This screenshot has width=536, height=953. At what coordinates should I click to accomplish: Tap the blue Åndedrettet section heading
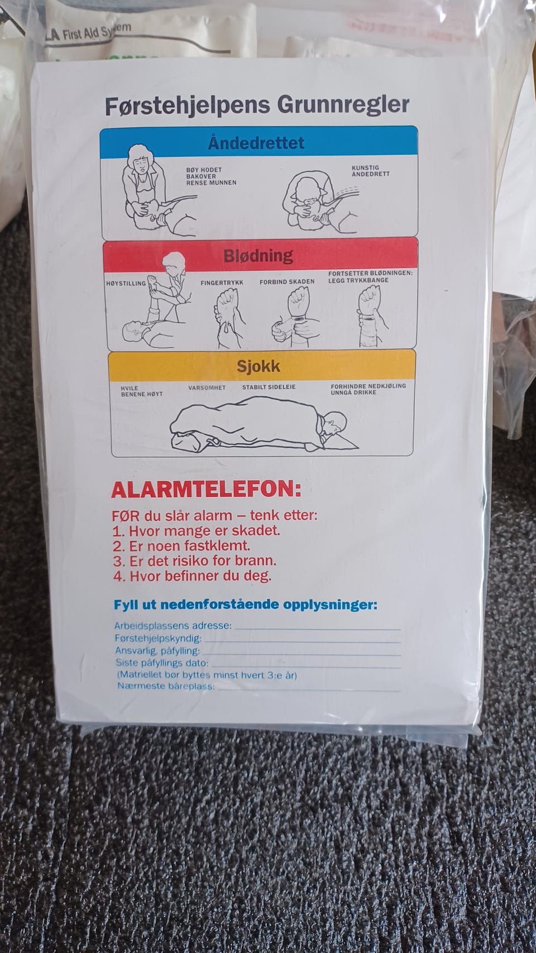256,142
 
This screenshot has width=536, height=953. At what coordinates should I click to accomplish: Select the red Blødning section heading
258,256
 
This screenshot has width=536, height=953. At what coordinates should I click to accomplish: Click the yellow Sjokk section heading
258,366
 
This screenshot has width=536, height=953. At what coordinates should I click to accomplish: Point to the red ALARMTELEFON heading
207,490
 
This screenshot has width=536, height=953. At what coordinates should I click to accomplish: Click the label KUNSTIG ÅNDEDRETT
371,171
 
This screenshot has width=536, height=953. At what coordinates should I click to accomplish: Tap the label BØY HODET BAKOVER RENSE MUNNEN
211,176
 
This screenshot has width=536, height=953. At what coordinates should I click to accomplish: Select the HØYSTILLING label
126,284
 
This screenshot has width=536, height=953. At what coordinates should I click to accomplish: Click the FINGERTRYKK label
222,282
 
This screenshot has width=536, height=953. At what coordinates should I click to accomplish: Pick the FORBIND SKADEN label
287,281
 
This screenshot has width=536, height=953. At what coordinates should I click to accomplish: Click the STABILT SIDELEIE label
269,387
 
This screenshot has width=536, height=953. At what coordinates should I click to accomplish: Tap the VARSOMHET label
207,387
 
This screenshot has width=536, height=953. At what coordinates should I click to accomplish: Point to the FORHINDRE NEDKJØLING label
368,386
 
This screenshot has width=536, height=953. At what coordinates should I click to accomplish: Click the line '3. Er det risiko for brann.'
195,561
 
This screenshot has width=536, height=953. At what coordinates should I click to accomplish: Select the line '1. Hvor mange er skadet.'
197,531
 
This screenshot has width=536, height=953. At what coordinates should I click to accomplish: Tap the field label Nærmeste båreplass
166,686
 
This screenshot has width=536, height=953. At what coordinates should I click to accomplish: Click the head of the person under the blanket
335,423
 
